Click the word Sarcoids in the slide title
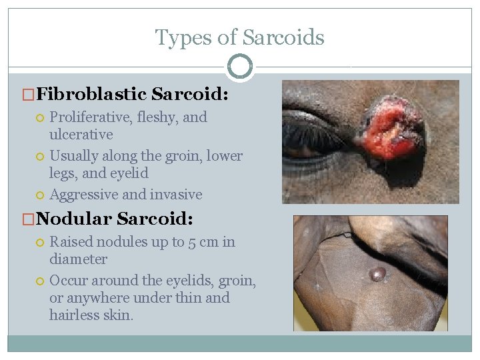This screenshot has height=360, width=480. (284, 37)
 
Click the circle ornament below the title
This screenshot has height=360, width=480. (240, 67)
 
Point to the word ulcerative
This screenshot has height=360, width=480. (81, 135)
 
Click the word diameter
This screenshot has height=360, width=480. (78, 259)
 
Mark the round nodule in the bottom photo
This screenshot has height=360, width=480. (377, 274)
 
